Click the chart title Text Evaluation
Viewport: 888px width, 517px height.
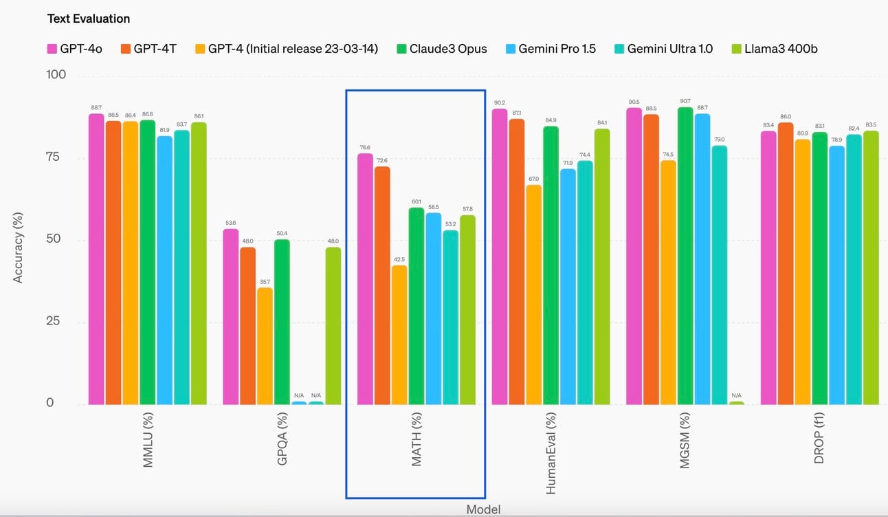(x=88, y=19)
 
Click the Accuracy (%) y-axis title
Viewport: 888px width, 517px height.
(x=19, y=247)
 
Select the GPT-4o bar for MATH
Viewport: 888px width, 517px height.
(x=365, y=278)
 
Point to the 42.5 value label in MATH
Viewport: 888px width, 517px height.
(x=399, y=259)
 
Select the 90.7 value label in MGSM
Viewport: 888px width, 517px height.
(x=685, y=101)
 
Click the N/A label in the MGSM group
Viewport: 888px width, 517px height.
(x=736, y=395)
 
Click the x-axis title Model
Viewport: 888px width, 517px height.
(x=483, y=509)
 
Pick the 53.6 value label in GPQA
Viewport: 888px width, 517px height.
(x=230, y=223)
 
